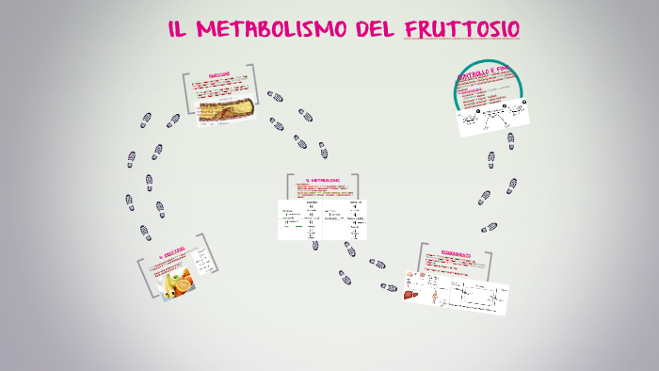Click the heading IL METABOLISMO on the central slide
(322, 180)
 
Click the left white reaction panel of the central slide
(299, 219)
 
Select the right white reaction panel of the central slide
(345, 218)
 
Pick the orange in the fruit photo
(185, 278)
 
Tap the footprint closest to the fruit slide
(144, 229)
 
